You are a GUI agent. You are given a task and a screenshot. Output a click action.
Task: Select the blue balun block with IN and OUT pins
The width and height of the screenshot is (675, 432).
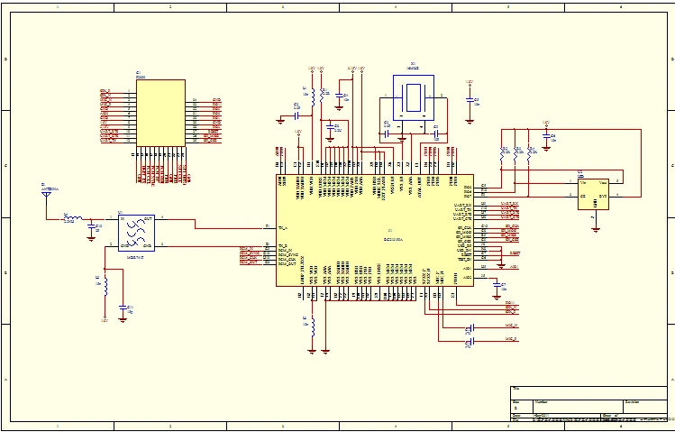136,231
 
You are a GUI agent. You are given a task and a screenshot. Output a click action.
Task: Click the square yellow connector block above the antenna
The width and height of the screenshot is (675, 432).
161,112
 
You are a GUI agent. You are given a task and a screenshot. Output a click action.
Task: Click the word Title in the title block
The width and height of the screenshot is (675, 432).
515,389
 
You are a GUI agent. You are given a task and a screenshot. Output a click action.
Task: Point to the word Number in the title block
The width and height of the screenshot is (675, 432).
541,401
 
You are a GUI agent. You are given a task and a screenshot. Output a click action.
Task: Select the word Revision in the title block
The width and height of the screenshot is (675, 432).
633,401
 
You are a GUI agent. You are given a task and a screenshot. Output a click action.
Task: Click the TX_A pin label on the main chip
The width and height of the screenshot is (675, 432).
283,226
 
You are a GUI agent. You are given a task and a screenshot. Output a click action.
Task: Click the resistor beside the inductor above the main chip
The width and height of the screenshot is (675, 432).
324,92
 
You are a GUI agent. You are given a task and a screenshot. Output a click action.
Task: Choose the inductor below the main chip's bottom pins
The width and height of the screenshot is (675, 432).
313,326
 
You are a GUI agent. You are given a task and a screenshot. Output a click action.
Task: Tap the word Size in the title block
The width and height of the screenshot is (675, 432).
515,401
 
